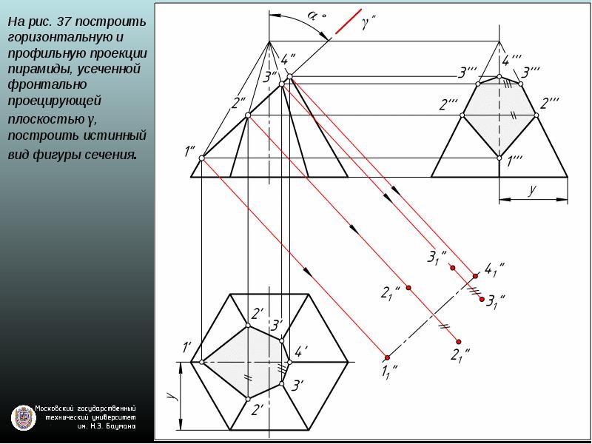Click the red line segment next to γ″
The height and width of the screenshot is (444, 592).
(x=348, y=21)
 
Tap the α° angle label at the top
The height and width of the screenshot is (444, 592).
(x=316, y=16)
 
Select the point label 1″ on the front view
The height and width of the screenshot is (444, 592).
(x=189, y=151)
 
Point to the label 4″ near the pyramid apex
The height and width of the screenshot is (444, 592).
(x=288, y=60)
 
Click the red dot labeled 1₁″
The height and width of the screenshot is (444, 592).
(x=387, y=357)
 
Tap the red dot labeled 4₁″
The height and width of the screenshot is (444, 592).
(x=475, y=276)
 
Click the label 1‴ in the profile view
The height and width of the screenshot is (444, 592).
(x=515, y=162)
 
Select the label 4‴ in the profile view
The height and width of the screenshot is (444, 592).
(x=512, y=61)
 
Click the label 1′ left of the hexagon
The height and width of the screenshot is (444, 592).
(x=187, y=346)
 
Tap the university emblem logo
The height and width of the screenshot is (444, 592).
(x=24, y=418)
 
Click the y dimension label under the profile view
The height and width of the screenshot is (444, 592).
(x=532, y=190)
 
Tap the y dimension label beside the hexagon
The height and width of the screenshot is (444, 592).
(x=172, y=395)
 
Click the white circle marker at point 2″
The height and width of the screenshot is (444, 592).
(x=248, y=115)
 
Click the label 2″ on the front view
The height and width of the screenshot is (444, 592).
(x=238, y=103)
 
